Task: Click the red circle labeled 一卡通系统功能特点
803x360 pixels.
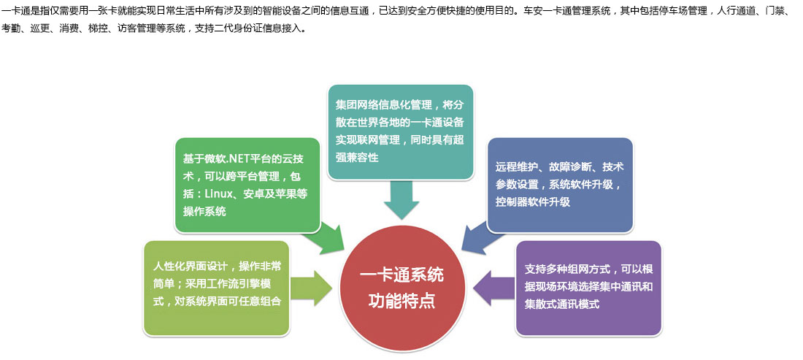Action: pyautogui.click(x=402, y=289)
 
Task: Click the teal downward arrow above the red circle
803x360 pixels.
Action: pyautogui.click(x=401, y=199)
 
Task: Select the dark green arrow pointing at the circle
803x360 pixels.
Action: pyautogui.click(x=323, y=239)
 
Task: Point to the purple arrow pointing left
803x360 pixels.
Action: pyautogui.click(x=494, y=288)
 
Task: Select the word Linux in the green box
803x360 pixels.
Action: pyautogui.click(x=219, y=194)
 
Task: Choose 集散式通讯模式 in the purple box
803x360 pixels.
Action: pyautogui.click(x=562, y=304)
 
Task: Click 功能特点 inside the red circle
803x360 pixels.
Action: pyautogui.click(x=402, y=300)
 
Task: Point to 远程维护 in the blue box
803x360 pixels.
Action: pyautogui.click(x=517, y=167)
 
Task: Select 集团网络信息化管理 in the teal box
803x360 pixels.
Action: pyautogui.click(x=384, y=105)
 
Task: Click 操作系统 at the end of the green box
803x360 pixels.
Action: pyautogui.click(x=204, y=211)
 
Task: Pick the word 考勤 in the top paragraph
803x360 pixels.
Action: pyautogui.click(x=11, y=28)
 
